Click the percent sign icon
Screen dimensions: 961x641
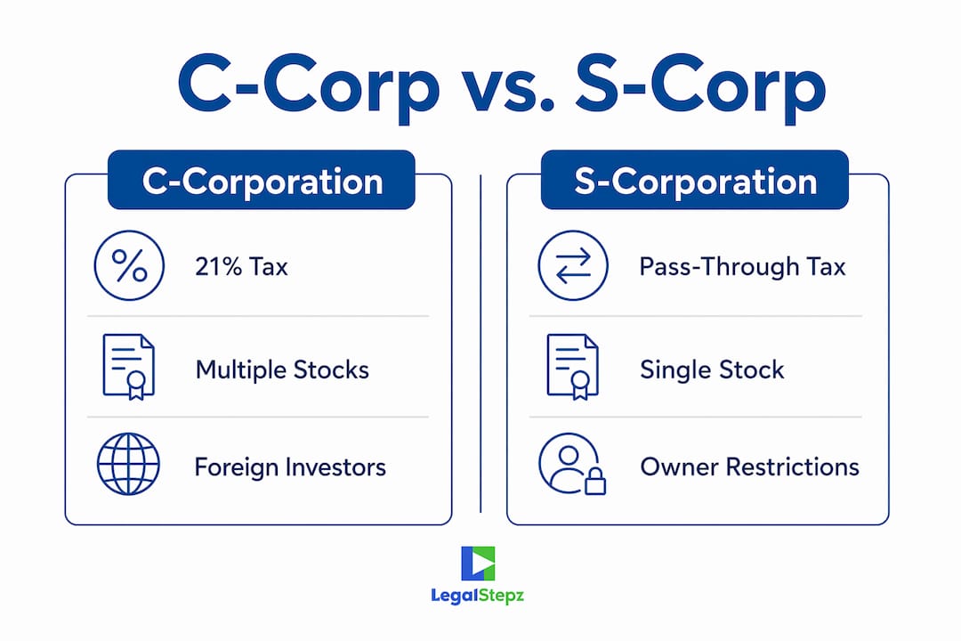(x=129, y=265)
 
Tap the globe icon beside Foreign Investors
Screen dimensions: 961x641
(x=129, y=465)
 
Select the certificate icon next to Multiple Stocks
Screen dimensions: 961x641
(x=129, y=367)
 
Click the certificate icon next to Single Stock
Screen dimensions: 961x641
(x=572, y=367)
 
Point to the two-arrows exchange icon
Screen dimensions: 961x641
(x=573, y=265)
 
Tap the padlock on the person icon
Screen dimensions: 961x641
(x=594, y=482)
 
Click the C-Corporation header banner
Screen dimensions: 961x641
(x=262, y=180)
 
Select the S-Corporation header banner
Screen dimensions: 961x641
(x=695, y=180)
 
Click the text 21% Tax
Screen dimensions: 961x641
(x=241, y=267)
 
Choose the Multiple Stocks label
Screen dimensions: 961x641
(x=282, y=369)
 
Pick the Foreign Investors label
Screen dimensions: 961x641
(x=290, y=467)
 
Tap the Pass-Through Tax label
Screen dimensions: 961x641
(x=742, y=267)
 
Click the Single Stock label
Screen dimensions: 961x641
(x=712, y=369)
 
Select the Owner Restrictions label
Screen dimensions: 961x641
(x=749, y=467)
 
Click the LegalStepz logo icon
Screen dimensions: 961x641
(x=478, y=563)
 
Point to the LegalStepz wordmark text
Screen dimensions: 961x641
(x=478, y=596)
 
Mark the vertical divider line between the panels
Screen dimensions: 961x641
(x=480, y=344)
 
